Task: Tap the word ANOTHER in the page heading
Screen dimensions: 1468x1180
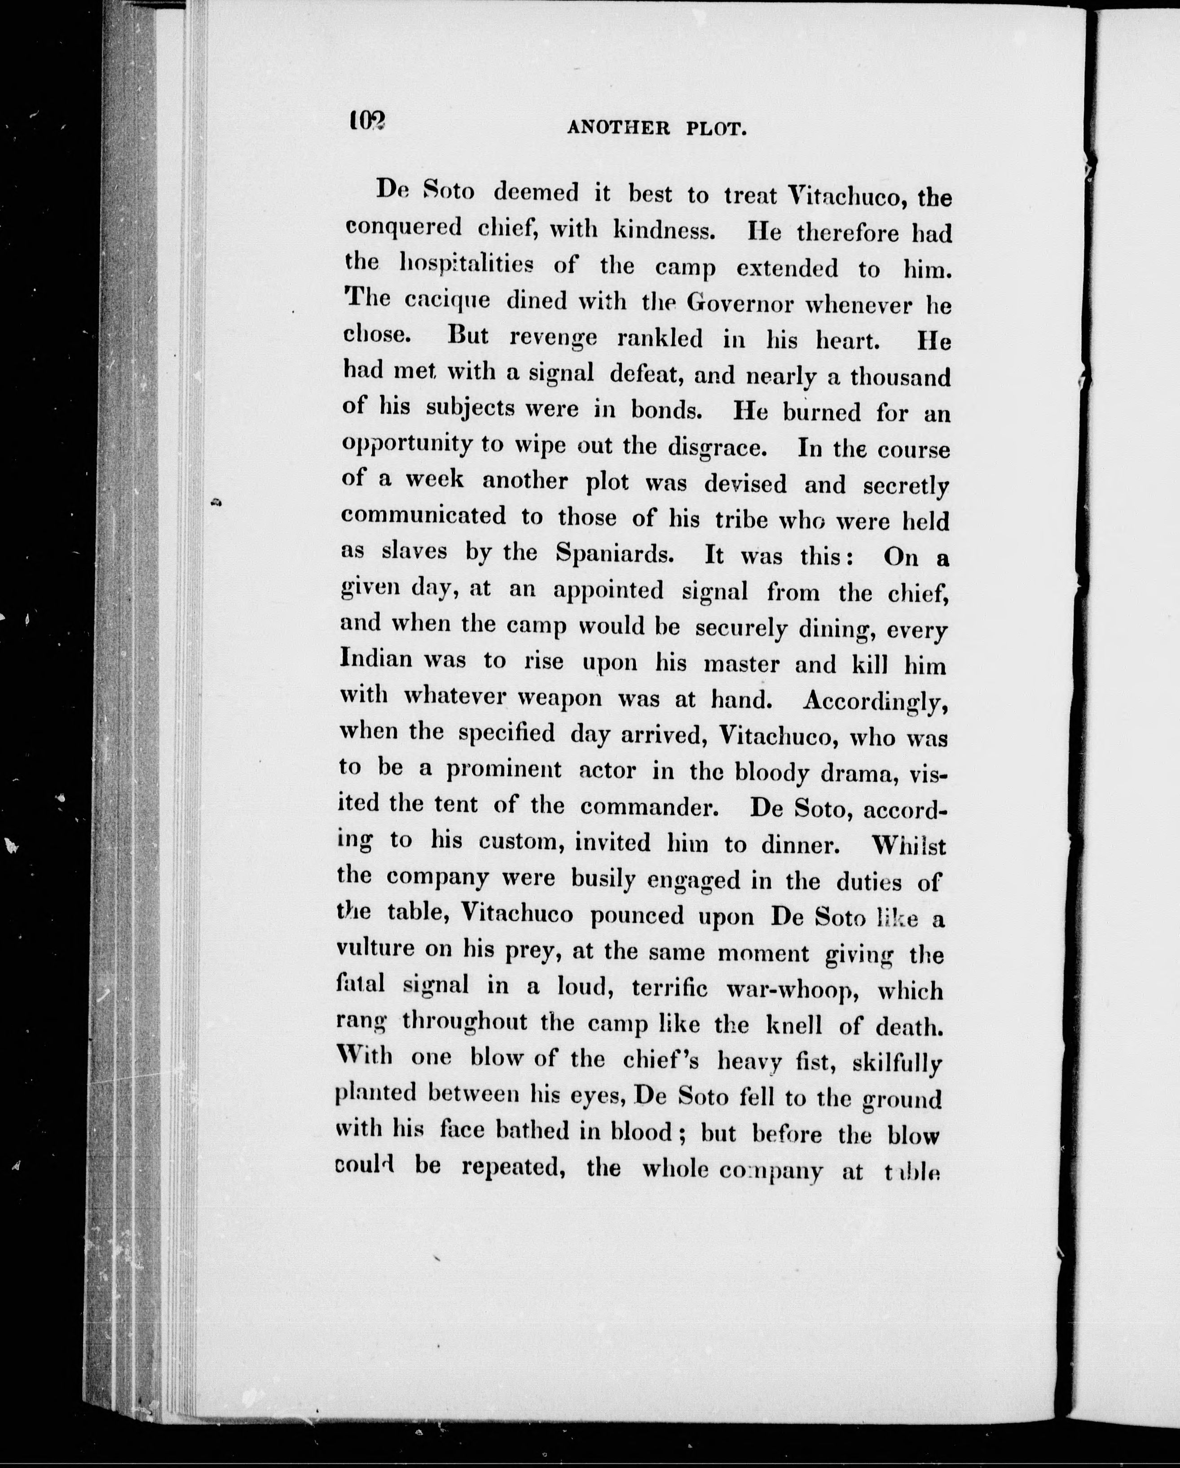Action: (x=619, y=127)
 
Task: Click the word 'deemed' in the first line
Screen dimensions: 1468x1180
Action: (x=536, y=192)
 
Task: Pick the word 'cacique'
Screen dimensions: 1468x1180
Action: (x=447, y=300)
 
